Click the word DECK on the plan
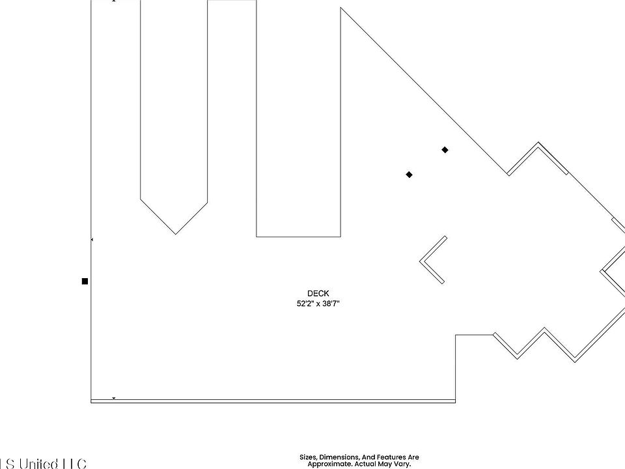tap(318, 294)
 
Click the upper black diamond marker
tap(445, 150)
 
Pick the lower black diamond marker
tap(409, 175)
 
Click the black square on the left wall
tap(85, 281)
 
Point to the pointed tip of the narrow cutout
tap(175, 233)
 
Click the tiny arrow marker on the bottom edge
tap(114, 398)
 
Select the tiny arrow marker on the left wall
tap(92, 240)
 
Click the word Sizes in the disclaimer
tap(308, 457)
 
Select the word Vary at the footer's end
tap(402, 464)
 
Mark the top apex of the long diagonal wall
tap(340, 8)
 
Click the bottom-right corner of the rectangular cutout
tap(340, 236)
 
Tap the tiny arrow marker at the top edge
tap(115, 2)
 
